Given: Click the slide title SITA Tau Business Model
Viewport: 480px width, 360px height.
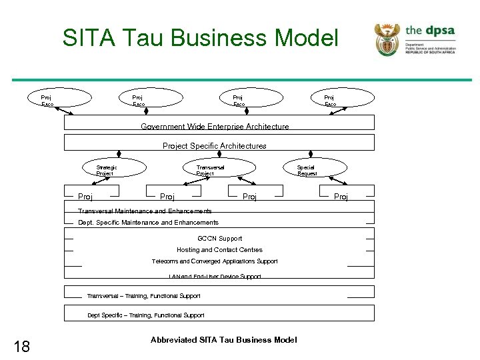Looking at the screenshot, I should coord(200,38).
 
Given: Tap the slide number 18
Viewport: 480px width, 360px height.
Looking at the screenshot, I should coord(22,345).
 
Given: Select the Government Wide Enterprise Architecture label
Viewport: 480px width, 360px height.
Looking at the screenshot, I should coord(215,127).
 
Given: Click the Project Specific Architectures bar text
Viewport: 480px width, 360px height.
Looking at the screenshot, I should coord(215,145).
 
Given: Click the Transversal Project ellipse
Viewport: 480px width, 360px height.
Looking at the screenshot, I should coord(211,170).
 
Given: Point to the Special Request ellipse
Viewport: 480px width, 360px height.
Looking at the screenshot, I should coord(307,170).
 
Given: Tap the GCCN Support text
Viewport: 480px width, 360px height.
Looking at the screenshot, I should coord(220,238).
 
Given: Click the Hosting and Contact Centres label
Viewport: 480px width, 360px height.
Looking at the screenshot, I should coord(219,250).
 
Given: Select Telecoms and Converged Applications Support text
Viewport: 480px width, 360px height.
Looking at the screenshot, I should coord(215,261).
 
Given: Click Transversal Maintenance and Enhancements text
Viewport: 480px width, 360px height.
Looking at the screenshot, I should coord(145,211).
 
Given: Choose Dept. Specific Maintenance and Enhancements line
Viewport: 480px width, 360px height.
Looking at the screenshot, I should coord(148,223).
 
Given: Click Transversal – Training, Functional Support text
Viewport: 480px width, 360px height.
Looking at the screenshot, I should coord(143,296).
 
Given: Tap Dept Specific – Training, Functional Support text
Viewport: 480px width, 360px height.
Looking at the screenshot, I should coord(146,315).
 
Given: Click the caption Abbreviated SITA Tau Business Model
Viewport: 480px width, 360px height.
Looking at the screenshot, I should coord(223,340).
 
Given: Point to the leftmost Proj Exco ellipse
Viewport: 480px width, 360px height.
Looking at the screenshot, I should coord(48,100).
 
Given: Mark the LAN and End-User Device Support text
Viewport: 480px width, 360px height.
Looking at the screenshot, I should coord(215,276).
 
